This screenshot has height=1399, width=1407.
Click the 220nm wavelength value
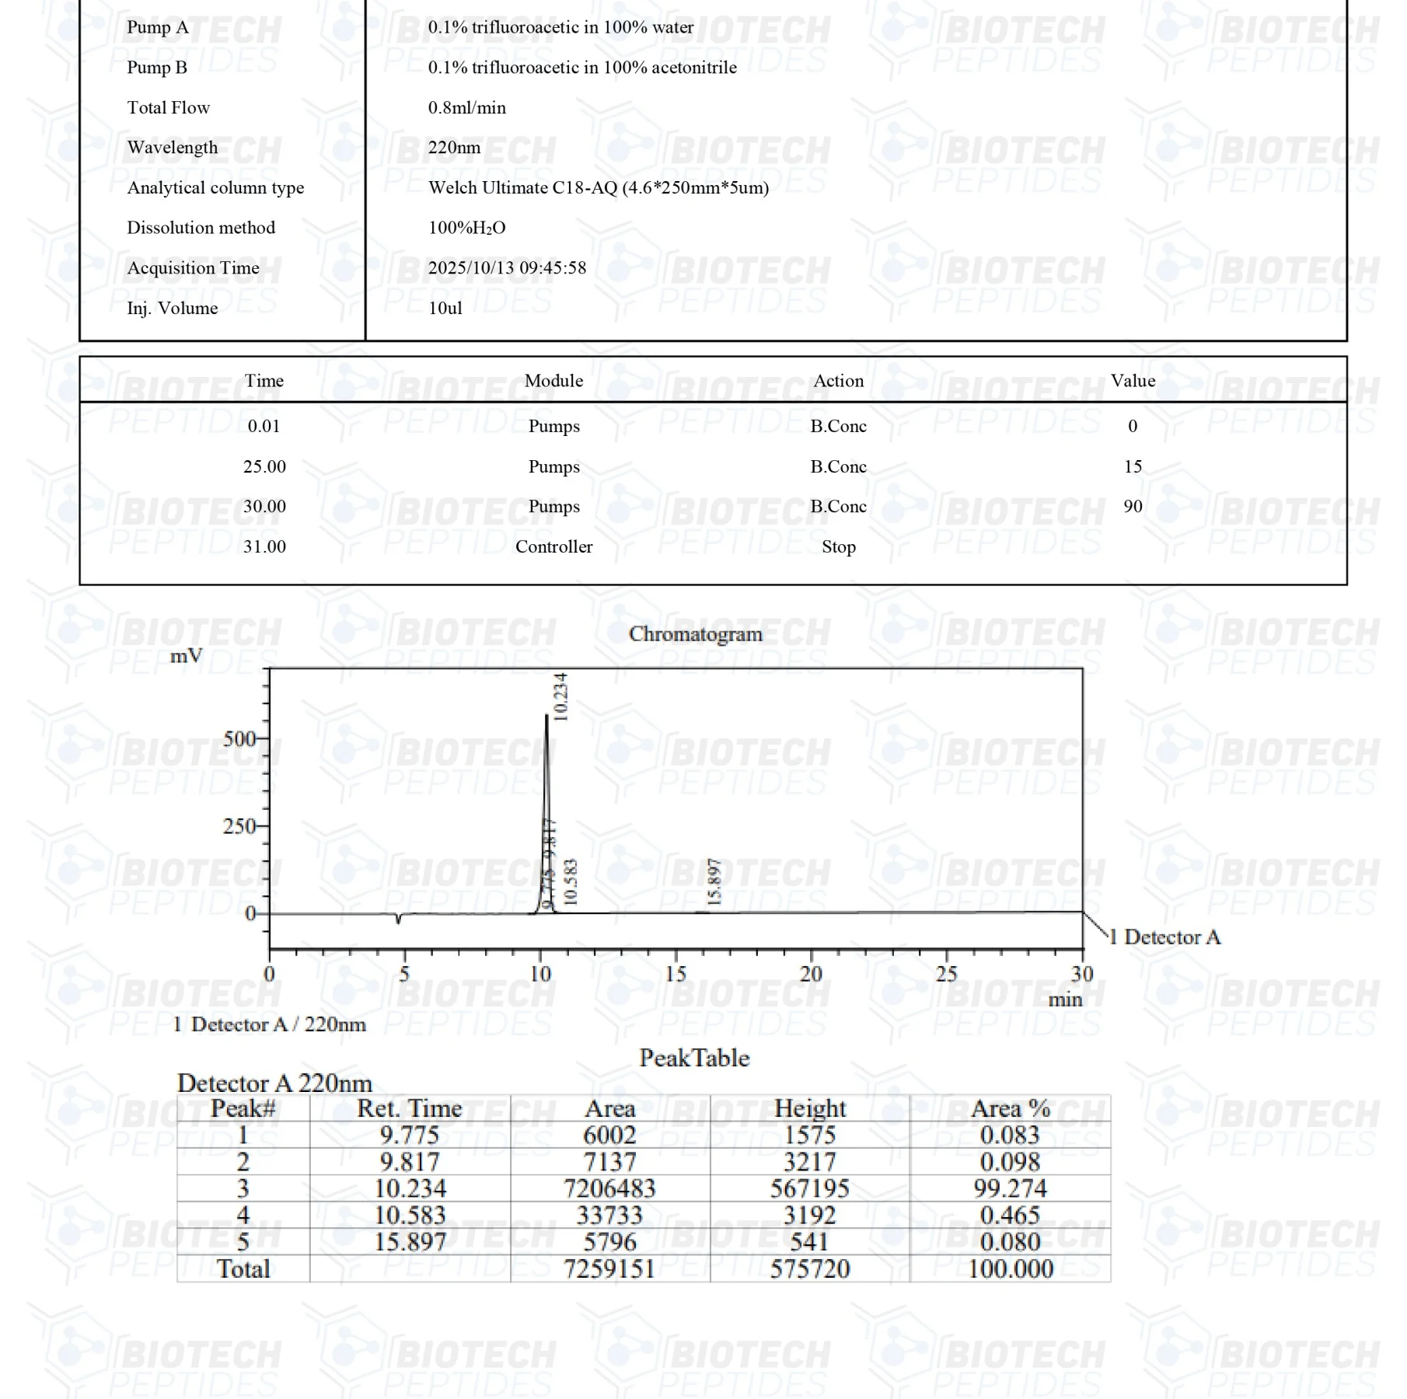tap(454, 148)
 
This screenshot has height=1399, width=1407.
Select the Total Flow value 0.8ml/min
tap(466, 107)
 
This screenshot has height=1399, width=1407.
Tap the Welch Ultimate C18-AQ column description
tap(598, 187)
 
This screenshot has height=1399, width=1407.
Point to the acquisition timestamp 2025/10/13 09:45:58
tap(507, 268)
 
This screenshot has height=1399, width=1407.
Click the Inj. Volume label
tap(172, 308)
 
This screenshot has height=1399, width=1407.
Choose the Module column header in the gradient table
tap(553, 381)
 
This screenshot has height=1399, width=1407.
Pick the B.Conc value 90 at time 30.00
tap(1133, 506)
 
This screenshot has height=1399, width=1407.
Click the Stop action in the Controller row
tap(838, 546)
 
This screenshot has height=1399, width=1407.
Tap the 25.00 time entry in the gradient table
tap(264, 466)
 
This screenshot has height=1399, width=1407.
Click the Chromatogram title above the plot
tap(695, 634)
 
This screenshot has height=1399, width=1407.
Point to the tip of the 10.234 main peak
tap(546, 715)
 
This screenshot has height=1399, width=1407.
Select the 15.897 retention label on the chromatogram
tap(715, 882)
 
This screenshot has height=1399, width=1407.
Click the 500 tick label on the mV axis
tap(239, 738)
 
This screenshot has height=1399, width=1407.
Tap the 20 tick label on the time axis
tap(811, 974)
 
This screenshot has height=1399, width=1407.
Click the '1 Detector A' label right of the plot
tap(1164, 937)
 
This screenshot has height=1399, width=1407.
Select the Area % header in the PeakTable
tap(1010, 1108)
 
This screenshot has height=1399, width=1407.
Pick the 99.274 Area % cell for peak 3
tap(1010, 1188)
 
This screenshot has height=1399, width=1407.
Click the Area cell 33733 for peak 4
tap(609, 1215)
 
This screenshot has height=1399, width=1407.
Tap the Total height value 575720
tap(809, 1269)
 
